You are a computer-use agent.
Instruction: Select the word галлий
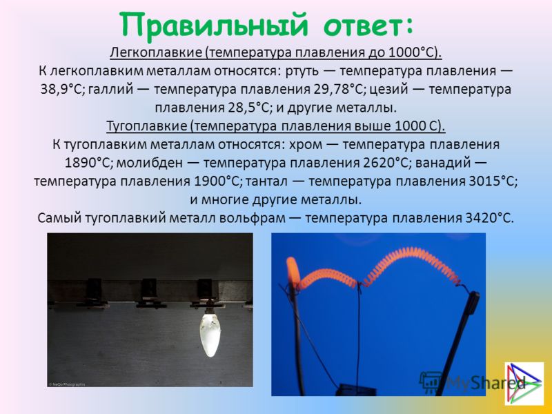point(110,90)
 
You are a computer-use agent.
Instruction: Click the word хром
point(305,145)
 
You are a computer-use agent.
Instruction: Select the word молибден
point(150,163)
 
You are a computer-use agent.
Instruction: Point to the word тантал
point(266,181)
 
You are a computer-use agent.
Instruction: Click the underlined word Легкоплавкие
point(157,53)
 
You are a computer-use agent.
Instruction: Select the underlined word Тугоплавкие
point(147,126)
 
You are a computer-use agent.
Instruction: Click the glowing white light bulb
point(210,334)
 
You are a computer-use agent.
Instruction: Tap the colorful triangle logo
point(524,383)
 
